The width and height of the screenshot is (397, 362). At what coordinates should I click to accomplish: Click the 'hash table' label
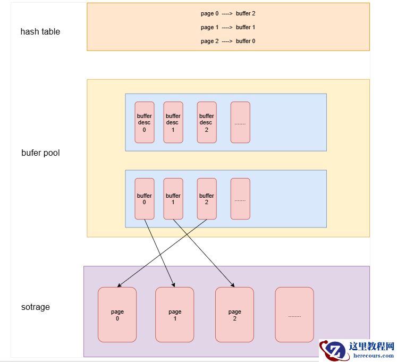pyautogui.click(x=40, y=31)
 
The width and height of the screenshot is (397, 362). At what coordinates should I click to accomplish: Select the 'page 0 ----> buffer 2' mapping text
pyautogui.click(x=228, y=13)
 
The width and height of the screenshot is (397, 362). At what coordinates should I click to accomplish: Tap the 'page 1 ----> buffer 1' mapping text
pyautogui.click(x=228, y=27)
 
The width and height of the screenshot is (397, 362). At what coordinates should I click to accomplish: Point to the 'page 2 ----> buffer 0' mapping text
pyautogui.click(x=228, y=41)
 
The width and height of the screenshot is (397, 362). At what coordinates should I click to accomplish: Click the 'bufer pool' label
pyautogui.click(x=40, y=153)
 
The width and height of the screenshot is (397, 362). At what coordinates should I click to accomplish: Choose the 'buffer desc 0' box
pyautogui.click(x=145, y=122)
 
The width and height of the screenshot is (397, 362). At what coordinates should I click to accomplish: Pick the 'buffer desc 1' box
pyautogui.click(x=173, y=122)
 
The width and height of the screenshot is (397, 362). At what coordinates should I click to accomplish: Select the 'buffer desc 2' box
pyautogui.click(x=207, y=122)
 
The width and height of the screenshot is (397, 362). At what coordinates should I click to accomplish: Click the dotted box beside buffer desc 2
pyautogui.click(x=240, y=122)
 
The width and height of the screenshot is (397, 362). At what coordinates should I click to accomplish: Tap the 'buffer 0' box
pyautogui.click(x=145, y=199)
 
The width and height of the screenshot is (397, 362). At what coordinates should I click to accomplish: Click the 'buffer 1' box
pyautogui.click(x=173, y=199)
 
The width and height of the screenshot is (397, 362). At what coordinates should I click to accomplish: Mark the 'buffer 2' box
pyautogui.click(x=207, y=199)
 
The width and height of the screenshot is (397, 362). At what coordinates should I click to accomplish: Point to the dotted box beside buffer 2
pyautogui.click(x=240, y=199)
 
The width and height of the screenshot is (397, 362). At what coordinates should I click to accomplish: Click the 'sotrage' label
pyautogui.click(x=36, y=307)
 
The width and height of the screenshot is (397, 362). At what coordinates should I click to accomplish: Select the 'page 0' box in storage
pyautogui.click(x=117, y=315)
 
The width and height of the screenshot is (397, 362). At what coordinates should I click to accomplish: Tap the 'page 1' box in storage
pyautogui.click(x=175, y=315)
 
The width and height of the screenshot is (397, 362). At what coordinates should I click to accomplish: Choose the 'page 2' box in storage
pyautogui.click(x=234, y=315)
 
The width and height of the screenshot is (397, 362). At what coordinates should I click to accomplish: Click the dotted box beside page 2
pyautogui.click(x=294, y=315)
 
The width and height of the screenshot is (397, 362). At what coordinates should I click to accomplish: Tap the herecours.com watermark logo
pyautogui.click(x=357, y=350)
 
